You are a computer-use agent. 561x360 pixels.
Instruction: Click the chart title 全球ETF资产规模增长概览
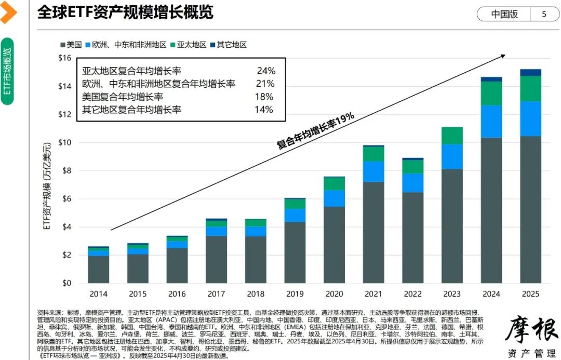(x=125, y=12)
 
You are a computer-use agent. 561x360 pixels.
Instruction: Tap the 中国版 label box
(x=504, y=14)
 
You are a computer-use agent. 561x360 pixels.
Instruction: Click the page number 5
(x=544, y=14)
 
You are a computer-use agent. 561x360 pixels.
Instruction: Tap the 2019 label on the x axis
(x=295, y=294)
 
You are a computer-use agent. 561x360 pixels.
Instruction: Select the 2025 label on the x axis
(x=530, y=294)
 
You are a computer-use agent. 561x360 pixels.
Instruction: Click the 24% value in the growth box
(x=265, y=71)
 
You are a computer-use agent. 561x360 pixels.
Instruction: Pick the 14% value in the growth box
(x=264, y=109)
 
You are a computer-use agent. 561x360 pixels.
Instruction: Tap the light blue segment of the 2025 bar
(x=530, y=118)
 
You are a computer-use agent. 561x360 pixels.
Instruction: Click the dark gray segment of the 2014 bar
(x=98, y=269)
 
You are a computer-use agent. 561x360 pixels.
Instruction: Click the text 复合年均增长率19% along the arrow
(x=315, y=131)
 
